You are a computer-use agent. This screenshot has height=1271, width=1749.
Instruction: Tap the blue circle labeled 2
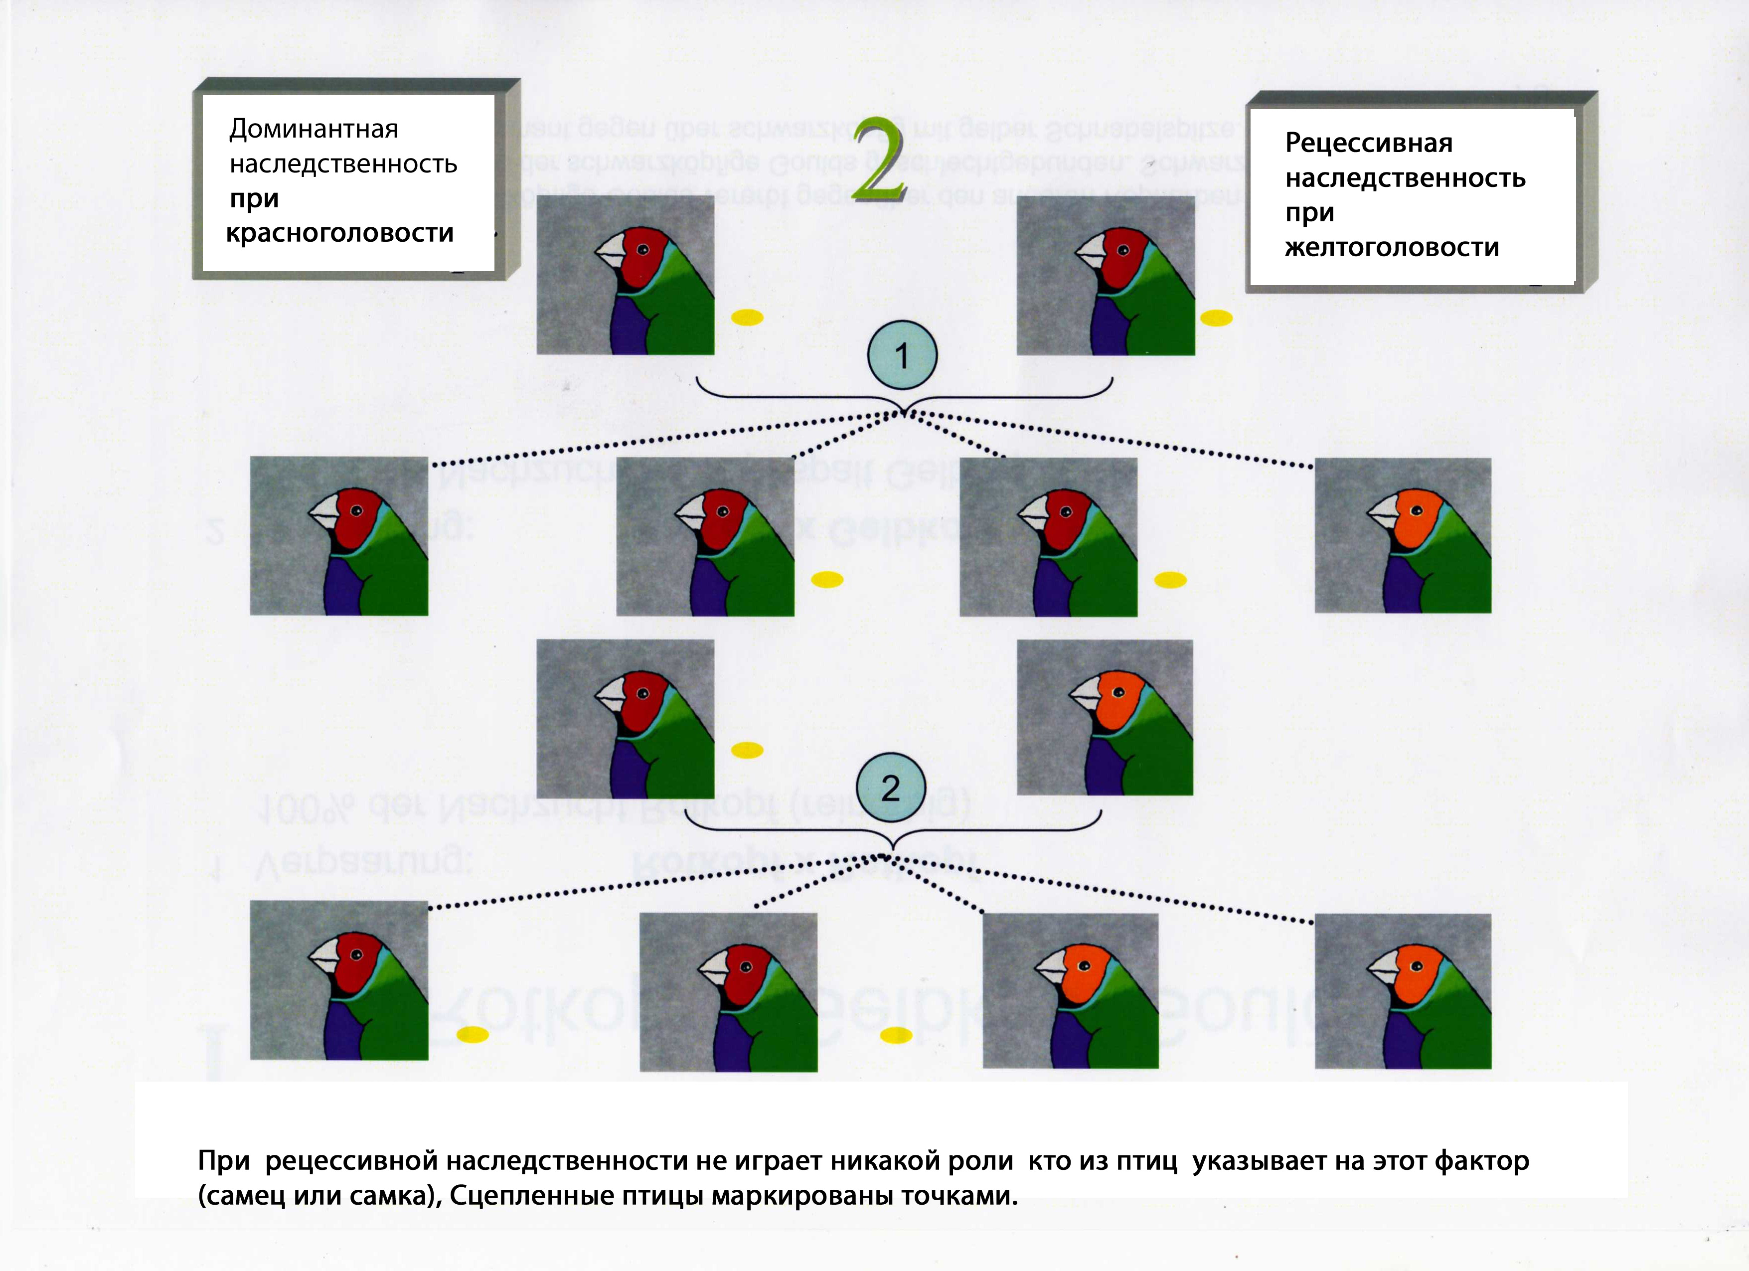coord(891,788)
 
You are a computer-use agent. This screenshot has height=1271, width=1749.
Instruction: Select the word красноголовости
coord(339,233)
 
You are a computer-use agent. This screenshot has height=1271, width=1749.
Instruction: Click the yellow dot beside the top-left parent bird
coord(747,317)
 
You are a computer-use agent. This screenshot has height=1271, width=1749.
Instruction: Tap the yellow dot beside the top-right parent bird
coord(1216,318)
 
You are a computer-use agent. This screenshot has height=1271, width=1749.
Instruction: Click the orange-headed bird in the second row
coord(1403,536)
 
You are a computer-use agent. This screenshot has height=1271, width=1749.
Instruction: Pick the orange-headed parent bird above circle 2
coord(1105,717)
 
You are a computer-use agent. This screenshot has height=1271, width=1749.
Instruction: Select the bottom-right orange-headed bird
coord(1403,991)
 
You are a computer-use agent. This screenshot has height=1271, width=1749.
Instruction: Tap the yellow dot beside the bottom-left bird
coord(473,1035)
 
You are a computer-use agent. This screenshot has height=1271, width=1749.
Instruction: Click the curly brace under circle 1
coord(904,397)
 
